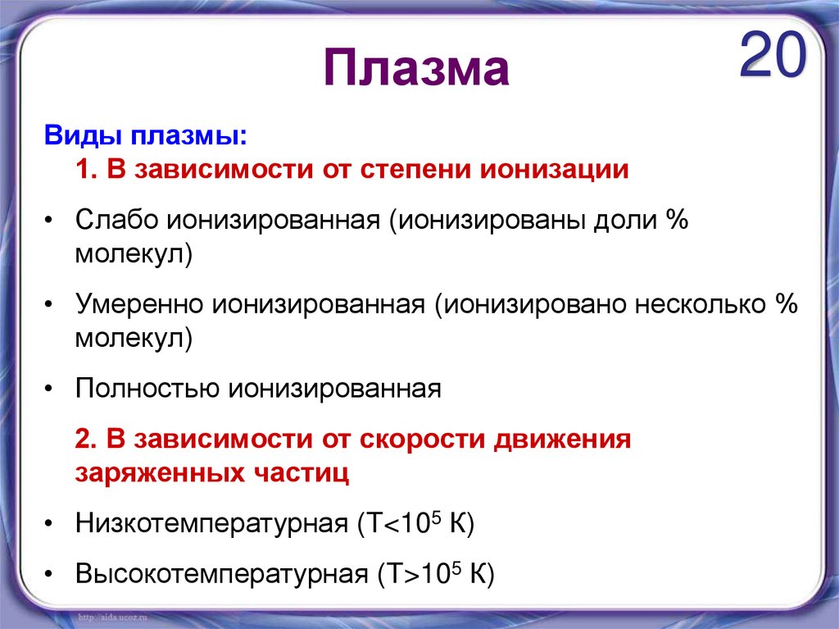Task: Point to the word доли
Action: point(625,221)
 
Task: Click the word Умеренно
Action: point(140,304)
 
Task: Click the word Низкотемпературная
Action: point(212,523)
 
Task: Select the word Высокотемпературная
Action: point(221,573)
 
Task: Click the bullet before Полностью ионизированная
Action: point(51,389)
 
